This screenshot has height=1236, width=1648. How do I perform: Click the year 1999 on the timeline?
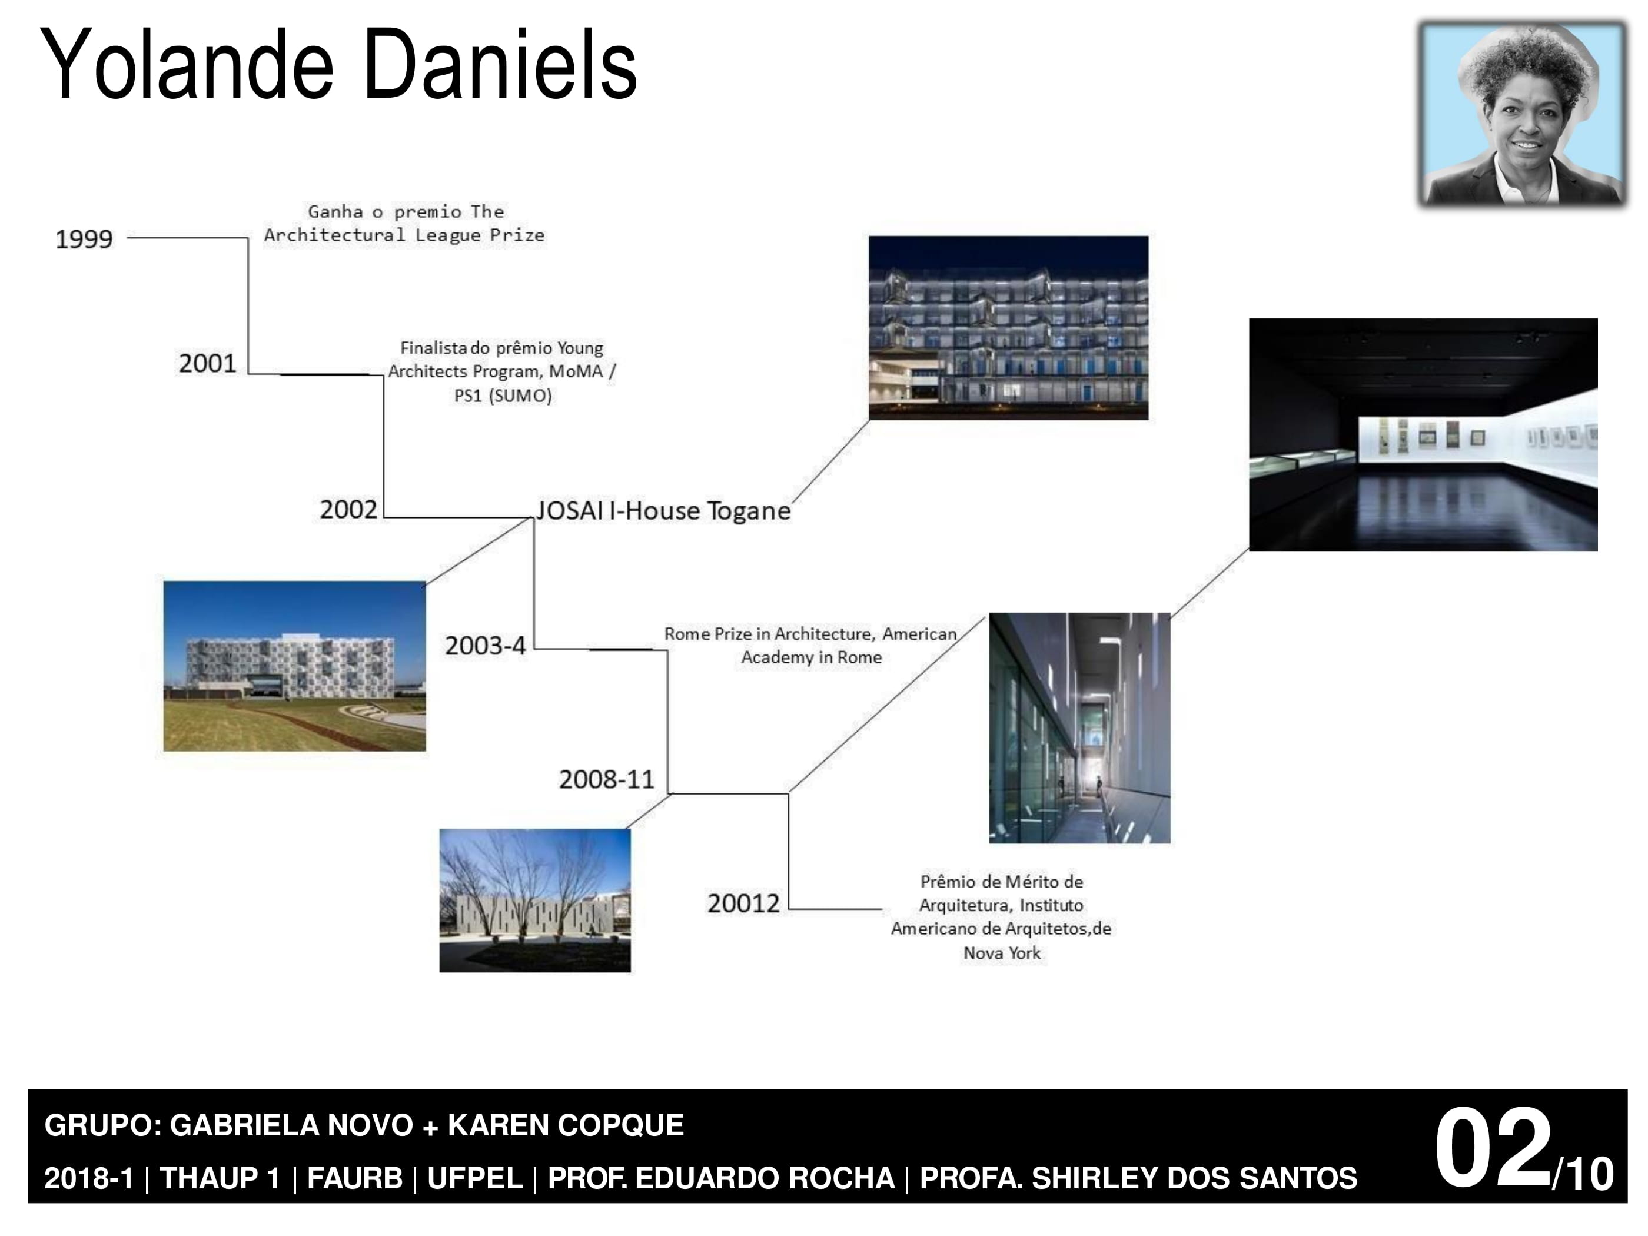click(84, 239)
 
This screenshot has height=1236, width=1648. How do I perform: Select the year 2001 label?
click(207, 364)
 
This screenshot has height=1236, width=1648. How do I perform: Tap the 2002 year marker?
click(348, 510)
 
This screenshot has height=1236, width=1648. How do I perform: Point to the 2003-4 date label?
click(485, 645)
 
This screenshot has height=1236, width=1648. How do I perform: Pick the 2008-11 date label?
click(606, 779)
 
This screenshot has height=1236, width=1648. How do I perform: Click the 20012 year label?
click(743, 903)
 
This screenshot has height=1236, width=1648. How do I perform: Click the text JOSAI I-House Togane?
click(663, 511)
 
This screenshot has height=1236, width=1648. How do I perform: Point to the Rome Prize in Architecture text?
click(810, 645)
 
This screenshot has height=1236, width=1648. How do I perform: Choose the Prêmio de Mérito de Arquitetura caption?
click(1001, 917)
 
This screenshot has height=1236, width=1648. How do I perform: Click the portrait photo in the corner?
click(1523, 114)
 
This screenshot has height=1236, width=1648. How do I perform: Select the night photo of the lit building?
click(1009, 328)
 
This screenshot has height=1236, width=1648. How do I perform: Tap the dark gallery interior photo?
click(1423, 435)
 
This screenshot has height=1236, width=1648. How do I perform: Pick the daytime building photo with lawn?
click(294, 666)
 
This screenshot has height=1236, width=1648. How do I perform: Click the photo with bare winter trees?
click(535, 901)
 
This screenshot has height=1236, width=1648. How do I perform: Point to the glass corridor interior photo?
click(1079, 728)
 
